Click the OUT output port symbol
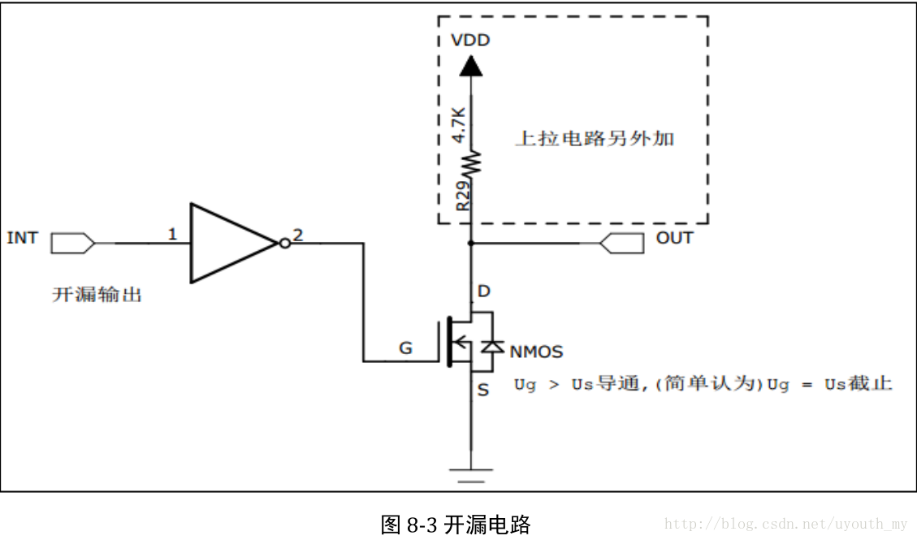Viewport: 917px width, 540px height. click(x=621, y=242)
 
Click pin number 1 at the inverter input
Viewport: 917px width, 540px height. click(x=172, y=235)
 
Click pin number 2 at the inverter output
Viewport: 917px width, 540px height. click(x=298, y=235)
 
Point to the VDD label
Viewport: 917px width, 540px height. click(x=470, y=40)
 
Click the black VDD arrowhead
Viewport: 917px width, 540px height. click(x=470, y=66)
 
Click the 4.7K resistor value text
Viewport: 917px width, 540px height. click(x=459, y=123)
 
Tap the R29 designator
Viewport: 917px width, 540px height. click(x=461, y=197)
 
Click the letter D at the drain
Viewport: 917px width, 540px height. click(x=485, y=291)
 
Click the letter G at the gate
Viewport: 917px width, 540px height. click(x=405, y=349)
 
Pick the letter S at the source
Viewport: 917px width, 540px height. click(x=483, y=391)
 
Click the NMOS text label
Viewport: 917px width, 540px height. click(x=536, y=352)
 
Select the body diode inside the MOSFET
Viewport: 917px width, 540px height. click(x=491, y=347)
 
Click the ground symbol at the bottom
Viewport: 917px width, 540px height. click(x=470, y=473)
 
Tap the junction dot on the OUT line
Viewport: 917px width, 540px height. click(x=470, y=242)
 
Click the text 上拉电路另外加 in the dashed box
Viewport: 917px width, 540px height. click(x=595, y=138)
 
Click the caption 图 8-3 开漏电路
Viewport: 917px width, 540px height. click(x=455, y=524)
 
